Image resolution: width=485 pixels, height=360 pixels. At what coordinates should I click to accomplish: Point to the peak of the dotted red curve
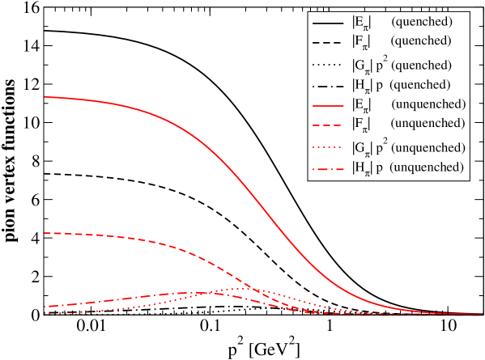click(x=243, y=288)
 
